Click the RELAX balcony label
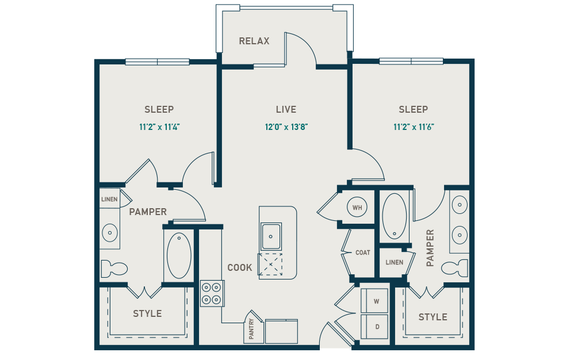pos(254,41)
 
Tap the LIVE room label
pos(286,109)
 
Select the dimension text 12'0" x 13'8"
pos(286,127)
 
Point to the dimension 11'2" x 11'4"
pos(159,127)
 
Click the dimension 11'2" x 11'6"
pos(414,127)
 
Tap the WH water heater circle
pos(357,208)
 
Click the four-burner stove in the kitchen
pos(212,293)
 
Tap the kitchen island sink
pos(271,236)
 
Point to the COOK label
pos(240,267)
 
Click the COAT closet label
pos(363,252)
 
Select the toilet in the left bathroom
pos(113,268)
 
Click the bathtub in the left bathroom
pos(179,255)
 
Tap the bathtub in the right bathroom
pos(395,216)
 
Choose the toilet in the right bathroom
pos(456,268)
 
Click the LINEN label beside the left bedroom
pos(109,200)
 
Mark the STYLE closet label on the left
pos(147,313)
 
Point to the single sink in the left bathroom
pos(109,232)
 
